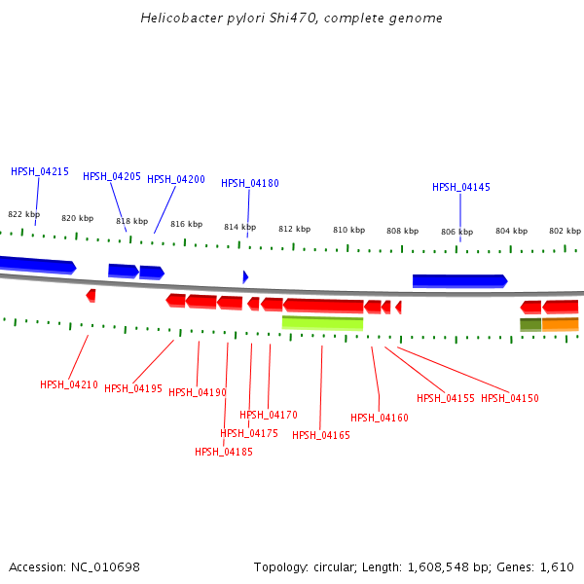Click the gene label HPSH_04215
[x=40, y=171]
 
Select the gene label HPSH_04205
[x=112, y=176]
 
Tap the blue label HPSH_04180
[x=250, y=183]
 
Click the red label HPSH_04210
[x=69, y=384]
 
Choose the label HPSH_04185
[x=224, y=452]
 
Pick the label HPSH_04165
[x=321, y=435]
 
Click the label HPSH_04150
[x=510, y=398]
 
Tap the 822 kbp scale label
[x=24, y=214]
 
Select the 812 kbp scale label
[x=294, y=229]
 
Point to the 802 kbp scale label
[x=565, y=231]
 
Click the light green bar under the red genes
[x=322, y=323]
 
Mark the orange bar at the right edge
[x=561, y=324]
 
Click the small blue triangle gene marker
[x=245, y=276]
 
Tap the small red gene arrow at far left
[x=91, y=295]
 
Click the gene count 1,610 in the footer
[x=559, y=566]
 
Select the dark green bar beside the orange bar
[x=530, y=324]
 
